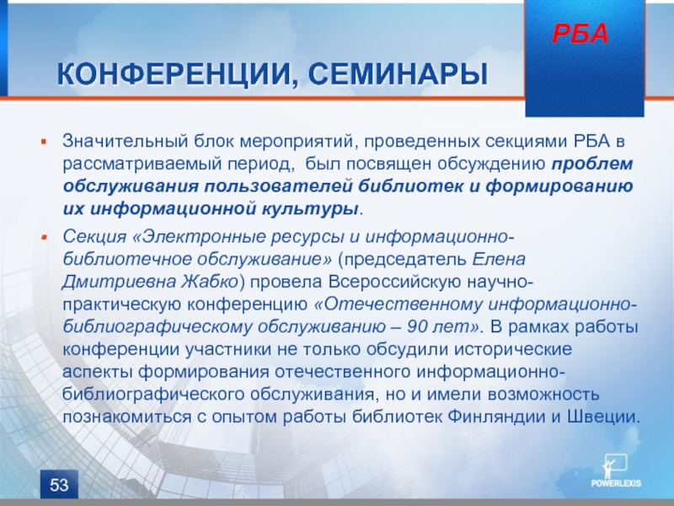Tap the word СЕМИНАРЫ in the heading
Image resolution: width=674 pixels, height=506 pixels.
pos(398,74)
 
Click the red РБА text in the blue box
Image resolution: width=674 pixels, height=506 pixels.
pos(580,34)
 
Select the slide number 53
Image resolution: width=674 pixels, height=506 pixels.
pos(59,485)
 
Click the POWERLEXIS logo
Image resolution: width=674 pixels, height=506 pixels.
pos(616,471)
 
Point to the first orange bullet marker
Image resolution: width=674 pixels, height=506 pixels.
pos(44,141)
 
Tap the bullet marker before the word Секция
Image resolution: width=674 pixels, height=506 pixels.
pos(44,237)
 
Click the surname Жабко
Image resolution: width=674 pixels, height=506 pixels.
pos(209,282)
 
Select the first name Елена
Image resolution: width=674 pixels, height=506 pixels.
pos(499,260)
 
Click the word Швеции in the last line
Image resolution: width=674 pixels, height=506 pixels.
pos(604,417)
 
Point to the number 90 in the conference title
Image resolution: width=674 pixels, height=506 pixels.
pos(418,327)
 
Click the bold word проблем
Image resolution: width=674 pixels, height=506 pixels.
pos(592,164)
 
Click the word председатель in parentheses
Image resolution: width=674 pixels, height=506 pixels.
pos(403,260)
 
